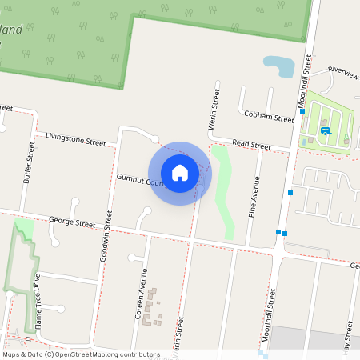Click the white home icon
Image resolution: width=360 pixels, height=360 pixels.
tap(180, 172)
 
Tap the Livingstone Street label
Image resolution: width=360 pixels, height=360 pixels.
tap(76, 139)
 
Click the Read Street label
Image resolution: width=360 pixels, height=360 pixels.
tap(251, 145)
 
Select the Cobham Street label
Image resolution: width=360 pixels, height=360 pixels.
tap(270, 117)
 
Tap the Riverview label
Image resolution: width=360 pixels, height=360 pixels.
tap(343, 73)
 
